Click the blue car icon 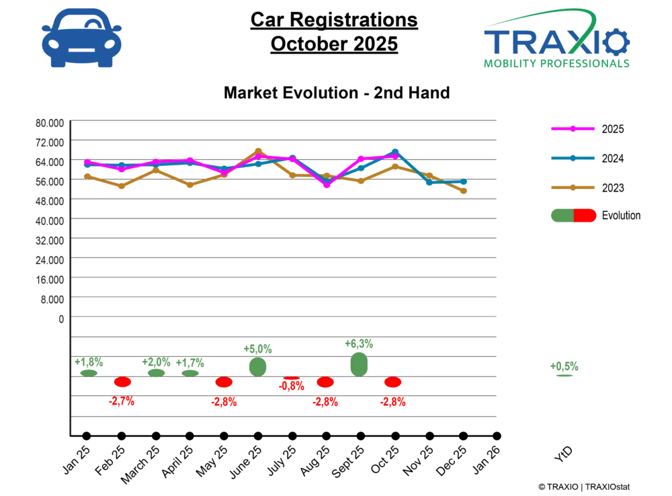[81, 38]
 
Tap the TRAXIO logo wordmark [557, 43]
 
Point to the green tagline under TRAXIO [557, 65]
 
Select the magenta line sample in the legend [573, 128]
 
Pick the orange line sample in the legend [573, 188]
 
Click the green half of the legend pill [562, 216]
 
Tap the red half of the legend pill [585, 216]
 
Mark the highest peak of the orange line [258, 151]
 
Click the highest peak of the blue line [396, 151]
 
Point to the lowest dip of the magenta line [327, 186]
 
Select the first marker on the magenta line [87, 162]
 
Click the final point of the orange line [464, 192]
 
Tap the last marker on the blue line [464, 181]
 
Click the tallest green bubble [360, 364]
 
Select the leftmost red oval [122, 382]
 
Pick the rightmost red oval [392, 382]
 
